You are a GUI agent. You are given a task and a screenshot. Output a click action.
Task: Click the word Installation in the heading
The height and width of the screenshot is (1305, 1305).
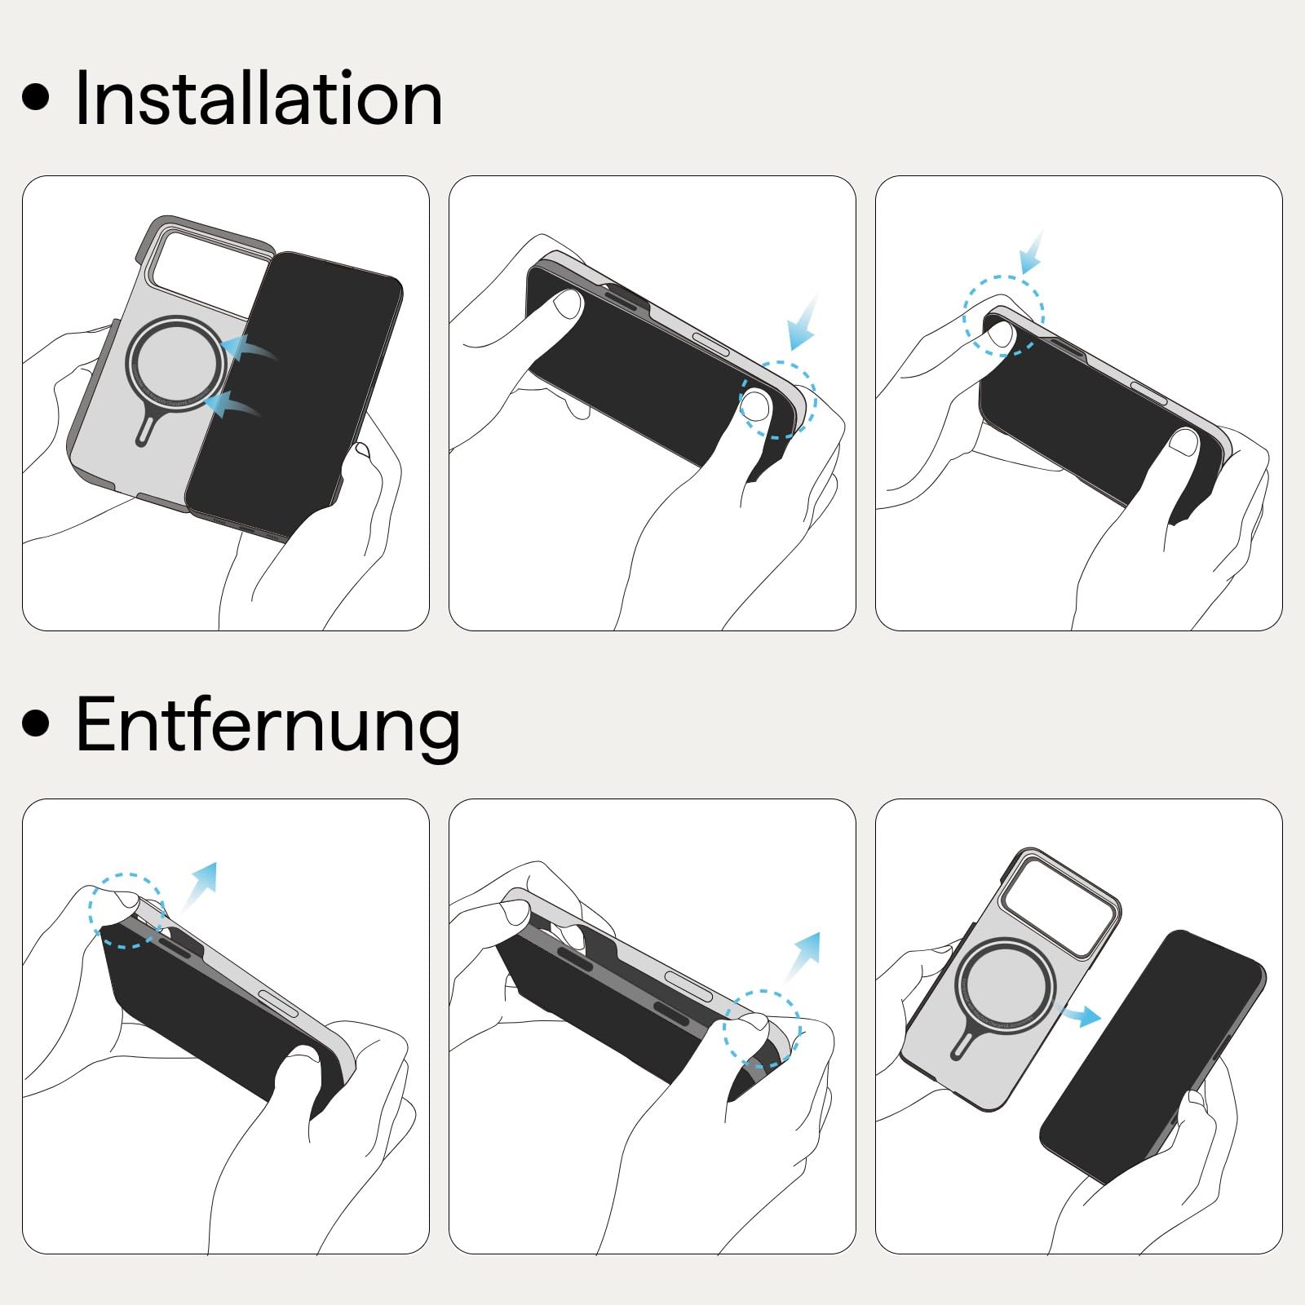pos(259,99)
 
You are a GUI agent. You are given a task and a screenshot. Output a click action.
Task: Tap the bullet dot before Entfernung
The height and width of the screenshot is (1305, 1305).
pos(36,722)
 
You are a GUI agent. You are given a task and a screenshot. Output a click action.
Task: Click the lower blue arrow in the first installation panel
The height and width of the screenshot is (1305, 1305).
pos(233,404)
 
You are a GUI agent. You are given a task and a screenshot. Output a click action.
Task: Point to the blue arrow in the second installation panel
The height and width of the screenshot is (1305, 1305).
pos(803,324)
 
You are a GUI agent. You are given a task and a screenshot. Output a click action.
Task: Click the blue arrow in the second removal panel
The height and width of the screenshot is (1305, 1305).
pos(803,956)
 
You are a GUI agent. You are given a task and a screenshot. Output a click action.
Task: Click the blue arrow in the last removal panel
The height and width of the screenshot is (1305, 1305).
pos(1080,1015)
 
